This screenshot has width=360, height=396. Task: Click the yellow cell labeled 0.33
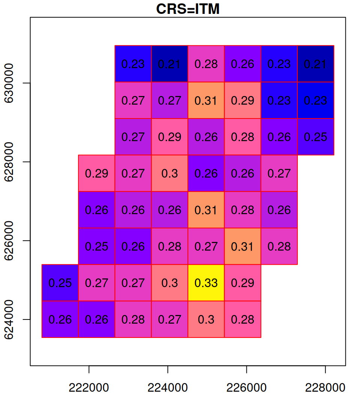[x=206, y=283]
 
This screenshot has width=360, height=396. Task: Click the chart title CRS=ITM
[x=187, y=9]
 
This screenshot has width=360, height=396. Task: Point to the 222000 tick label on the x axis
[x=89, y=387]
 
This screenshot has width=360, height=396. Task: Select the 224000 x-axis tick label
[x=168, y=387]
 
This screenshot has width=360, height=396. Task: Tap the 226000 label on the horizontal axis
[x=246, y=387]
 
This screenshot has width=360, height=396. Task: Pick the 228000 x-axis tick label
[x=325, y=387]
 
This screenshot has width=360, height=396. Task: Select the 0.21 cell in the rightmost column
[x=315, y=64]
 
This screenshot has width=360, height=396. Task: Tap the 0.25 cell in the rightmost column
[x=315, y=137]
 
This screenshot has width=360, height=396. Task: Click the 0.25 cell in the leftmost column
[x=60, y=283]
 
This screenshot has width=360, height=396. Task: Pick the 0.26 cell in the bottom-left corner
[x=60, y=319]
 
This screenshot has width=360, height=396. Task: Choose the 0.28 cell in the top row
[x=206, y=64]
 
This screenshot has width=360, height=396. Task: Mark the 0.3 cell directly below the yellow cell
[x=206, y=319]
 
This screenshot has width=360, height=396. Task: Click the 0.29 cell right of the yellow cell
[x=242, y=283]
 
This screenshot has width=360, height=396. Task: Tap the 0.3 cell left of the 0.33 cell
[x=169, y=283]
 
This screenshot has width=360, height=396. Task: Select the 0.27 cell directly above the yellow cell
[x=206, y=246]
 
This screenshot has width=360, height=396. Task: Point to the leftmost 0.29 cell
[x=96, y=173]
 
